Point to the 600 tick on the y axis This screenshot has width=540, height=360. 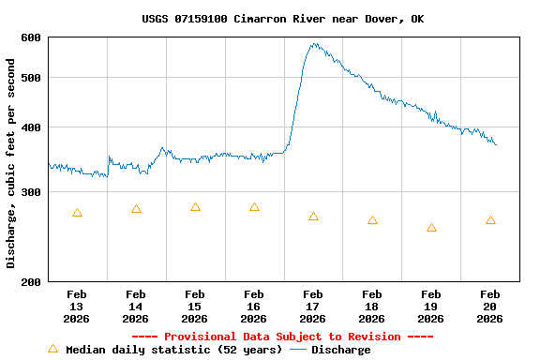coord(31,37)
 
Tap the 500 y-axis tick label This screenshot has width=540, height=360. coord(31,78)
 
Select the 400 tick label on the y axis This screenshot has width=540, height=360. coord(31,127)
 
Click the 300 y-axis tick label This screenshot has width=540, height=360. coord(31,192)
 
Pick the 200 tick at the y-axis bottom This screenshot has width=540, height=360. coord(31,281)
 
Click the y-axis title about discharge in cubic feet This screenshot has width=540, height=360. coord(11,163)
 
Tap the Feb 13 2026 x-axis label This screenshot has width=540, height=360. coord(77,306)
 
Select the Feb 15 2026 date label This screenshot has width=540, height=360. coord(195,306)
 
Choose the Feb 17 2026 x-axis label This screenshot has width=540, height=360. coord(313,306)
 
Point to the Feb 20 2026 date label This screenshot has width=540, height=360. coord(490,306)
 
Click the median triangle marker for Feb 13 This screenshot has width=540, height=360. coord(77,213)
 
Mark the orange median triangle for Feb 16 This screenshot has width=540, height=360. coord(254,207)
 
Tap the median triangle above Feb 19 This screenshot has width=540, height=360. coord(431,228)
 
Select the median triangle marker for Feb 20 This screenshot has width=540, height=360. coord(490,220)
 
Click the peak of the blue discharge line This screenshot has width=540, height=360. coord(314,44)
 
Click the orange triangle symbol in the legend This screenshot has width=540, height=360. coord(52,349)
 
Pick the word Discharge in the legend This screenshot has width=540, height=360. coord(340,350)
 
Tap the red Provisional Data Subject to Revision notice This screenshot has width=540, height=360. coord(282,337)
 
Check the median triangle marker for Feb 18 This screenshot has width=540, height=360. coord(372,220)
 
